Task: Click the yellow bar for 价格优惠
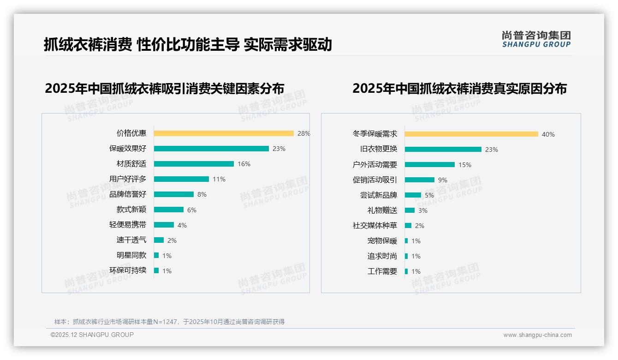(224, 133)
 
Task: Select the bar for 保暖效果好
(211, 149)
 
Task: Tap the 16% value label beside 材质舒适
(244, 164)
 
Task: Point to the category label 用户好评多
(128, 179)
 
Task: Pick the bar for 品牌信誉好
(174, 194)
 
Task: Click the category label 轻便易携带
(128, 225)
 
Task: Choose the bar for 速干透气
(159, 240)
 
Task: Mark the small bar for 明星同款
(156, 255)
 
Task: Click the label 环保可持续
(128, 270)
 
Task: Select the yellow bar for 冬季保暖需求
(471, 134)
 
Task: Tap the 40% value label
(548, 134)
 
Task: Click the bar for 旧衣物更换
(443, 150)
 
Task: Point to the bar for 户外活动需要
(430, 165)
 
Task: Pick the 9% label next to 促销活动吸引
(443, 180)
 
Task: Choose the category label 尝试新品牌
(379, 195)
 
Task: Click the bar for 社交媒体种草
(408, 226)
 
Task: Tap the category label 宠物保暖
(382, 241)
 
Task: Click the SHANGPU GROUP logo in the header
(536, 39)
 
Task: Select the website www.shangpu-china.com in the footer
(537, 335)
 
